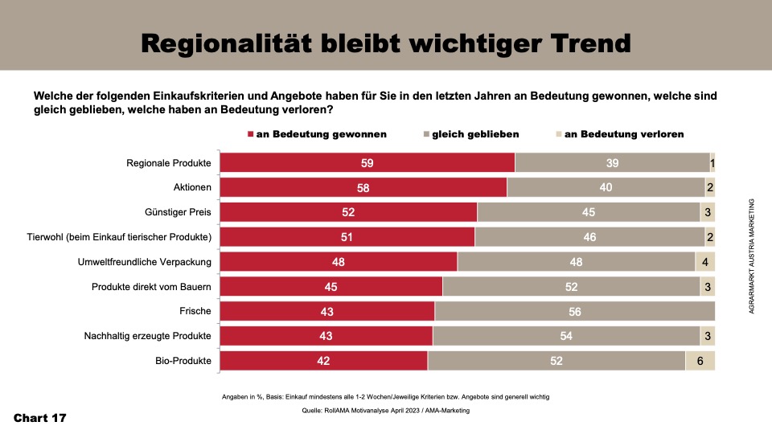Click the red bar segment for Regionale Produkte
point(368,162)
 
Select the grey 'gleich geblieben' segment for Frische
point(574,311)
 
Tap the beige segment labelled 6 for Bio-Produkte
point(700,361)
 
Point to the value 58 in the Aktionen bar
point(363,187)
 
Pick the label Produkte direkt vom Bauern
point(151,287)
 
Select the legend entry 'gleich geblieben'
point(475,134)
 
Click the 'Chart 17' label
point(40,419)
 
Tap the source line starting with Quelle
point(385,411)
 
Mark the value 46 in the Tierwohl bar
point(589,237)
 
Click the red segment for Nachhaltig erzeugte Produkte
point(326,336)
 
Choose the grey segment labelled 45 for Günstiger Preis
point(588,212)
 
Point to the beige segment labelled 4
point(705,262)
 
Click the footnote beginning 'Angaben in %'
point(385,397)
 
